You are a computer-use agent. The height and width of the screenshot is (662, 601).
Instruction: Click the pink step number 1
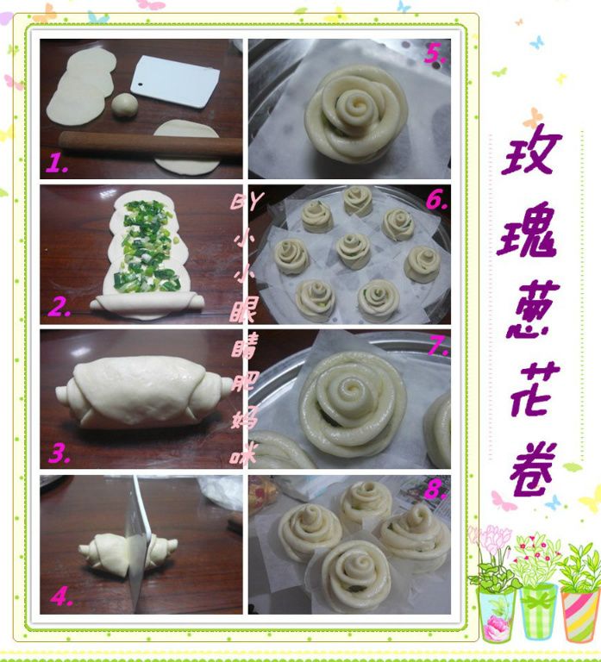point(57,163)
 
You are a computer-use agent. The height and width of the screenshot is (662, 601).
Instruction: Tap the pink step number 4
point(61,597)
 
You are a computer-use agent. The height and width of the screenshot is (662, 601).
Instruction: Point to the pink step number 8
point(435,489)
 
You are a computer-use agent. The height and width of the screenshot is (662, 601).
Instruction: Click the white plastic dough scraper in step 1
point(175,82)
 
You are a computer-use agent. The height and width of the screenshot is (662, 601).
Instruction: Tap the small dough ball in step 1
point(124,104)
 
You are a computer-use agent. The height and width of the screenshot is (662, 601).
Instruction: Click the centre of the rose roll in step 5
point(354,105)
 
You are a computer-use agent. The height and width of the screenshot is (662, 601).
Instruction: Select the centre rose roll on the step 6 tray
point(354,251)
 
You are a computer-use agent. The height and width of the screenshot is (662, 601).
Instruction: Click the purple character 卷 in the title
point(532,470)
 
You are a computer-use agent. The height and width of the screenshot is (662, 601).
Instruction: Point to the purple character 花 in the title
point(535,390)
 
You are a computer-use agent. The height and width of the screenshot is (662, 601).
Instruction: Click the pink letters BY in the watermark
point(247,201)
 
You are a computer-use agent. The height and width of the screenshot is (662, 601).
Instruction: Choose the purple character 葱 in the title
point(533,310)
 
